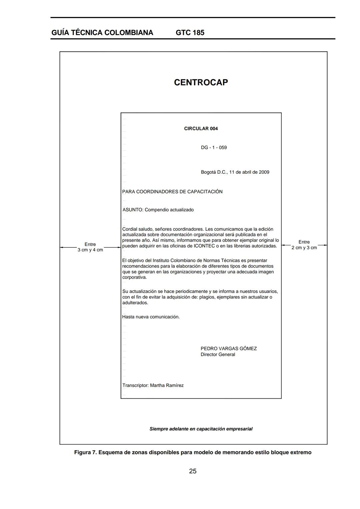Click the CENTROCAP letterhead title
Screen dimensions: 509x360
(x=201, y=82)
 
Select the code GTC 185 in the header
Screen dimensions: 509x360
(x=190, y=33)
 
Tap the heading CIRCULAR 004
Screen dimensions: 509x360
(x=201, y=129)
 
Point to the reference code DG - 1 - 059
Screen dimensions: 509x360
(x=214, y=148)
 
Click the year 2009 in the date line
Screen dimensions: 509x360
(x=264, y=172)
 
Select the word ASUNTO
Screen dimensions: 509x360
(x=133, y=210)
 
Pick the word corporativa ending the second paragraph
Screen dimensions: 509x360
(x=134, y=277)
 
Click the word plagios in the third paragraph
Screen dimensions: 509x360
(x=207, y=297)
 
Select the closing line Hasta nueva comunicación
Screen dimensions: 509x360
(x=151, y=317)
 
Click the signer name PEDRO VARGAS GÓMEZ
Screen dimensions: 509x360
(x=229, y=349)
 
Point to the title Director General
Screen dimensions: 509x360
(x=218, y=355)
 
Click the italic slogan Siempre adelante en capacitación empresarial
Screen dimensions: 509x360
(x=201, y=429)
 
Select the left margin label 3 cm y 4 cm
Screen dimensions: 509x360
(x=90, y=250)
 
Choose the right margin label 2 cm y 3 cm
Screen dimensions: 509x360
(x=304, y=248)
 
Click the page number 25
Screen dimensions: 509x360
(x=193, y=471)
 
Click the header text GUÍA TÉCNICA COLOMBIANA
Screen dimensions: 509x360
(x=102, y=33)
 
